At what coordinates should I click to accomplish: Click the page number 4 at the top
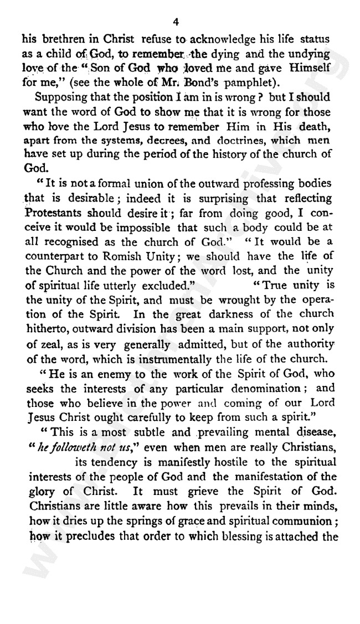(x=176, y=22)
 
